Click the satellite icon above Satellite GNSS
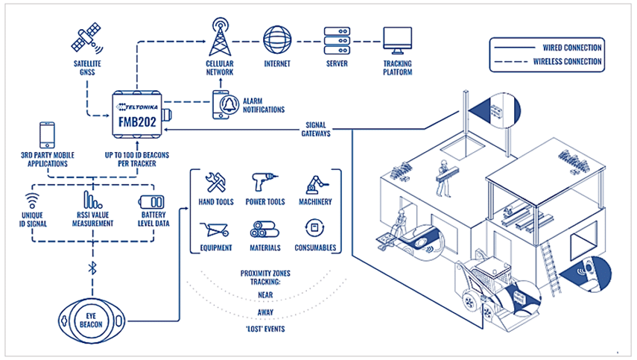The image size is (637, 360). [86, 38]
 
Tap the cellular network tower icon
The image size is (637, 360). [221, 37]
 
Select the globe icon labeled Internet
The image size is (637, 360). [277, 40]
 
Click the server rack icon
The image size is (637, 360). [337, 41]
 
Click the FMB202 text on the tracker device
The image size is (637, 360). [137, 122]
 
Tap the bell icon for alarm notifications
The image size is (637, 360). [229, 104]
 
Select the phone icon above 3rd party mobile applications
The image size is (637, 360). [47, 135]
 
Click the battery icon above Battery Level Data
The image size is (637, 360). [151, 201]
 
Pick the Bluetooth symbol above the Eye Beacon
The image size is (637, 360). [92, 268]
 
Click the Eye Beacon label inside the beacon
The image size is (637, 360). [91, 320]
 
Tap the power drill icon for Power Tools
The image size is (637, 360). [264, 182]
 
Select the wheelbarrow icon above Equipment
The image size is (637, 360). [215, 230]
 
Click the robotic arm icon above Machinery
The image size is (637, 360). [316, 184]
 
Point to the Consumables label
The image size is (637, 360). [315, 247]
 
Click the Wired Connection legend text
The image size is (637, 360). [572, 48]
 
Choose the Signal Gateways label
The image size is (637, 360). [316, 129]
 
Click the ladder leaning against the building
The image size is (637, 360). [551, 268]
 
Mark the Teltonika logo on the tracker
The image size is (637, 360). [137, 107]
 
